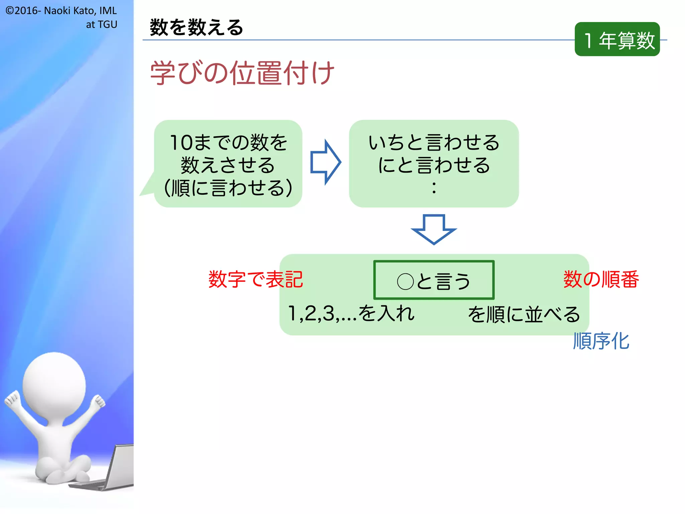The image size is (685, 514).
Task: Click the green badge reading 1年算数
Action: [x=617, y=39]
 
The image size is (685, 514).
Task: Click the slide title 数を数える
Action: [x=196, y=27]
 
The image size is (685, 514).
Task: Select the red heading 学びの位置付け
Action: [x=242, y=73]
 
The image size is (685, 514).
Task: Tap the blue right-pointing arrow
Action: [x=325, y=162]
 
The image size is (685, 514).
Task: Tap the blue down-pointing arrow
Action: [x=434, y=229]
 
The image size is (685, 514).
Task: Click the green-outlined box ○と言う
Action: [x=434, y=280]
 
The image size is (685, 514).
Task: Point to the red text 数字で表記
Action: [x=256, y=279]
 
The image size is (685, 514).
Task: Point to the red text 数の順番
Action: [x=601, y=279]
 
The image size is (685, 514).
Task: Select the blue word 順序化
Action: [x=601, y=341]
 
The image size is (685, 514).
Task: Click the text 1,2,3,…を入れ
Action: [x=351, y=314]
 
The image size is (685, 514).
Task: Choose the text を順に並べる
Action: [x=524, y=315]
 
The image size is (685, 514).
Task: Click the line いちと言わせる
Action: [x=434, y=143]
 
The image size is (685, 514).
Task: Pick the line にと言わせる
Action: [x=434, y=165]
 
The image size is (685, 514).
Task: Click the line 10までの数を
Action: [x=228, y=143]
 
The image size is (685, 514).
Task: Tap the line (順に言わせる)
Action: [x=228, y=188]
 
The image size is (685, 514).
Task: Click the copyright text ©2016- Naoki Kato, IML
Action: [x=61, y=11]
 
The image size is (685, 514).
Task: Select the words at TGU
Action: [x=102, y=24]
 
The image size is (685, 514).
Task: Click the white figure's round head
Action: [x=54, y=385]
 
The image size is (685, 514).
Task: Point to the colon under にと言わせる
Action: [x=434, y=188]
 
